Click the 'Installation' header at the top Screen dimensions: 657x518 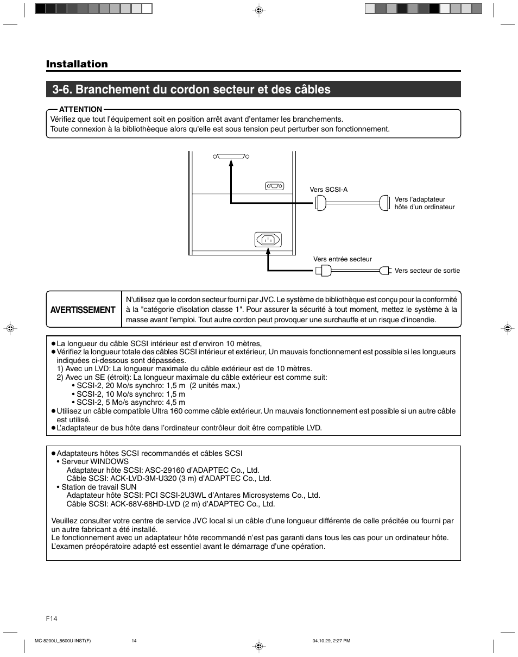[x=77, y=64]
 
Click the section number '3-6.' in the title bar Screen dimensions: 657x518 [x=64, y=89]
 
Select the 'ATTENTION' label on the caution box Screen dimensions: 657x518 [x=80, y=109]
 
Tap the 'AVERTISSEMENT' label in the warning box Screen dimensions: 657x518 [x=83, y=310]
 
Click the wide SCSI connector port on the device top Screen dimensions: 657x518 [x=231, y=157]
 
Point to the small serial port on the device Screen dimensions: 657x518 [x=275, y=186]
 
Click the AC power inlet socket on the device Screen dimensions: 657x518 [x=268, y=239]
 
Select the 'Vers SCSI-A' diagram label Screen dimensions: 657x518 [x=329, y=190]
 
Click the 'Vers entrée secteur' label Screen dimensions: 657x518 [x=343, y=259]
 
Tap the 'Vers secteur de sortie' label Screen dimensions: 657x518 [x=427, y=271]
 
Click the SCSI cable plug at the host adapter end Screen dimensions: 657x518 [x=385, y=203]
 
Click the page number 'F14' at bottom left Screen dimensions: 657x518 [x=52, y=619]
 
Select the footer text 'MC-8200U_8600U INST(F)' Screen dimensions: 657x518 [x=62, y=641]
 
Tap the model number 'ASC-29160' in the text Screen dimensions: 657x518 [x=163, y=470]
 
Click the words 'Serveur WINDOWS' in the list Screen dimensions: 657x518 [x=95, y=461]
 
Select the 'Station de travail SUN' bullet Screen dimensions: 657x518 [x=99, y=487]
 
